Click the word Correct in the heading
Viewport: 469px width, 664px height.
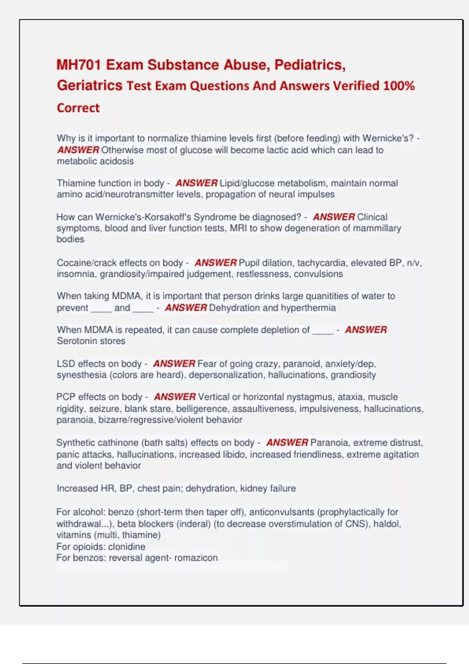[78, 108]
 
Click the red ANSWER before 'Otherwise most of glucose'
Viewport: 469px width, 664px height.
[78, 150]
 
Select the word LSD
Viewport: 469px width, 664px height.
[66, 364]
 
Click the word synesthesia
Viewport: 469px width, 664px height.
[81, 375]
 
